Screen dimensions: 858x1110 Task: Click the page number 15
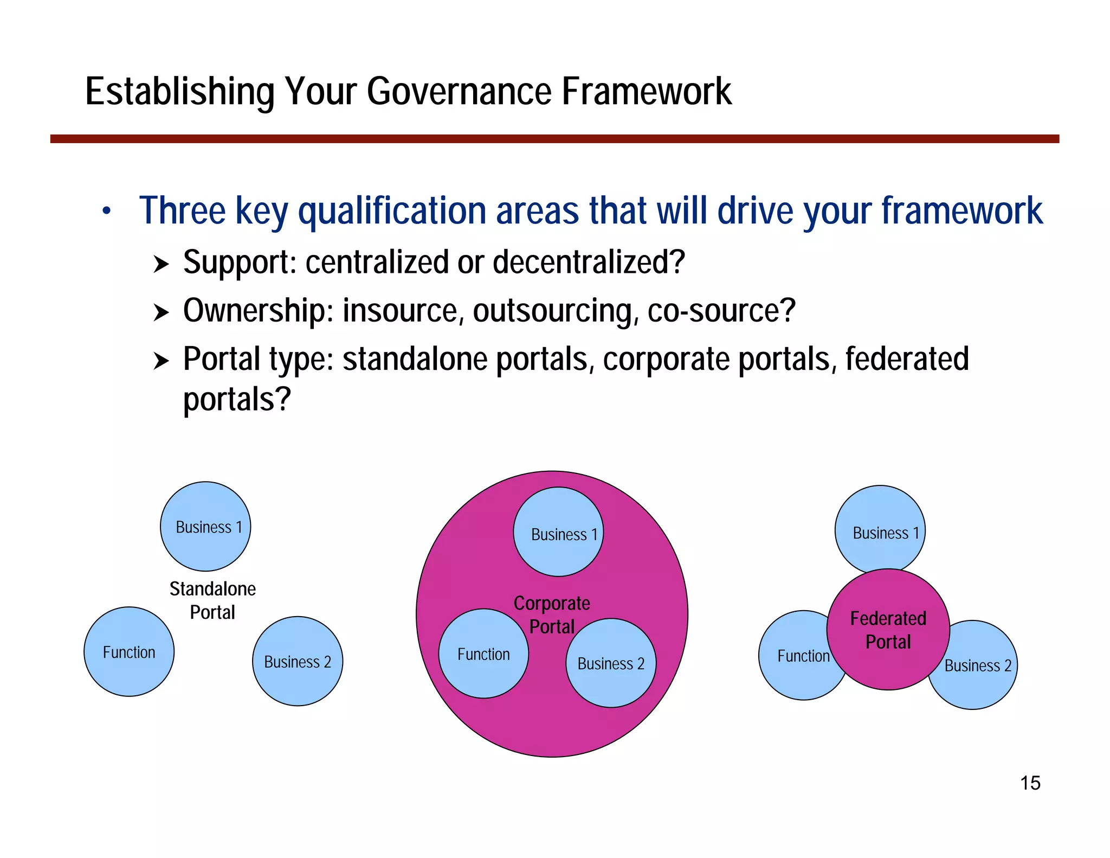pyautogui.click(x=1030, y=783)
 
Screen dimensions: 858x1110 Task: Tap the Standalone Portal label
pyautogui.click(x=212, y=600)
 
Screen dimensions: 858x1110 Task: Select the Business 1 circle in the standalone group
pyautogui.click(x=205, y=527)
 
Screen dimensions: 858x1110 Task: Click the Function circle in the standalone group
pyautogui.click(x=129, y=652)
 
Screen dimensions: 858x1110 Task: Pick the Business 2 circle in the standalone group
pyautogui.click(x=298, y=662)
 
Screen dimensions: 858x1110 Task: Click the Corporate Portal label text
pyautogui.click(x=552, y=614)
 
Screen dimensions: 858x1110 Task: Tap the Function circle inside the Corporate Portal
pyautogui.click(x=483, y=654)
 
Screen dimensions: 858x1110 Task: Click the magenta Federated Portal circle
pyautogui.click(x=888, y=630)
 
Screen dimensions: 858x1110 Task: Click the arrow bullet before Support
pyautogui.click(x=161, y=265)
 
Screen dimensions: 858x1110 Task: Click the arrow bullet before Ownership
pyautogui.click(x=161, y=313)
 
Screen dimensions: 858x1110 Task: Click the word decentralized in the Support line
pyautogui.click(x=589, y=262)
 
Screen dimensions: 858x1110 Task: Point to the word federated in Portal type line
pyautogui.click(x=907, y=359)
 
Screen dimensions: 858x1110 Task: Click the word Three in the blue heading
pyautogui.click(x=182, y=210)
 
